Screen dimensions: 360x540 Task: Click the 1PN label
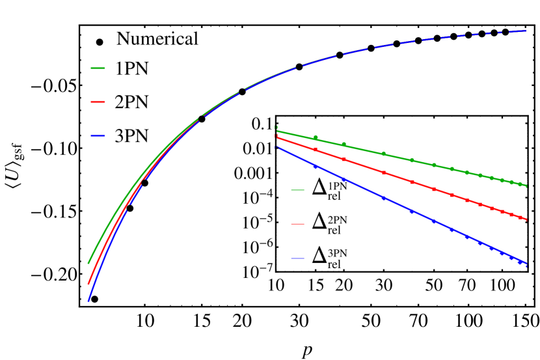337,186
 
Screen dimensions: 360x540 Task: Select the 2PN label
337,220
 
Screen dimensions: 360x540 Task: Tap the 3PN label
337,254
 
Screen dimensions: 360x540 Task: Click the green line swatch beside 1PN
297,190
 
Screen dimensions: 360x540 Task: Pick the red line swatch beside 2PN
297,224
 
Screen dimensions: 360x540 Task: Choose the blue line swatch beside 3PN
297,258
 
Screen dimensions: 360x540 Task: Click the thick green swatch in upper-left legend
98,68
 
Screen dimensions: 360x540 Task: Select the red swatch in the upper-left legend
98,102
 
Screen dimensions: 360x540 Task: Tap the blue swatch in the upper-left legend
98,136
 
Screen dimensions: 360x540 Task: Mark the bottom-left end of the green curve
88,264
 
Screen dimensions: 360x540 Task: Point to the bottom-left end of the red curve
88,284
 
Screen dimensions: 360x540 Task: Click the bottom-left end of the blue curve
88,301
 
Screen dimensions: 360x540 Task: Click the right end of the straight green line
526,186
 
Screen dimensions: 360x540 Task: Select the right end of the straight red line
526,219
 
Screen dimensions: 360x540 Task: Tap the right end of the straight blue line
526,264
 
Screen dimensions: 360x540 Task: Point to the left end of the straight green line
277,131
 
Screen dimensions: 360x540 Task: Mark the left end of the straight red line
277,137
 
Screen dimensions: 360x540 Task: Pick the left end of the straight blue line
277,148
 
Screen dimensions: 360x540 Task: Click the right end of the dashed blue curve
526,31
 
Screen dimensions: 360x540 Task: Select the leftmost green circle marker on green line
316,137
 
